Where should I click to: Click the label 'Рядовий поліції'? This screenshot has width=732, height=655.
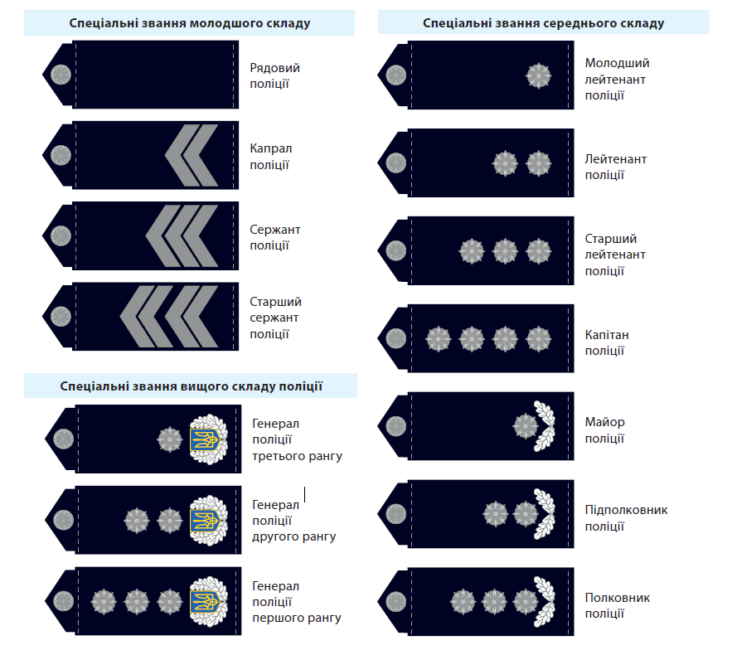click(x=274, y=75)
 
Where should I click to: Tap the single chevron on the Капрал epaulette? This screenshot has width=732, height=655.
click(x=191, y=155)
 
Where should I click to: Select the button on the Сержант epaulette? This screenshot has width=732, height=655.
click(x=61, y=235)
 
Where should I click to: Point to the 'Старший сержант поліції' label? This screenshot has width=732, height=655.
click(x=275, y=318)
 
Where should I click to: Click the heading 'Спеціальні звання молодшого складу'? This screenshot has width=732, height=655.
click(x=190, y=23)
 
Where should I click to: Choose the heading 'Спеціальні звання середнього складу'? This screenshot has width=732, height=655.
click(x=543, y=23)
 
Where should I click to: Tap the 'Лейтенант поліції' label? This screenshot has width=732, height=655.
click(x=615, y=167)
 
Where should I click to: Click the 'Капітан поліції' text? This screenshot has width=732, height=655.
click(x=607, y=342)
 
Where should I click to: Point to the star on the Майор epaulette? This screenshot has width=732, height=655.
click(x=525, y=426)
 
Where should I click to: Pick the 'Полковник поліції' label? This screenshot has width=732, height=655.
click(x=617, y=605)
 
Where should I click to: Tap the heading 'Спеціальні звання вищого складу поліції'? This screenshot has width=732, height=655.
click(x=191, y=386)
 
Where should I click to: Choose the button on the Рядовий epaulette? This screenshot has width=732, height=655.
click(x=61, y=75)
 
